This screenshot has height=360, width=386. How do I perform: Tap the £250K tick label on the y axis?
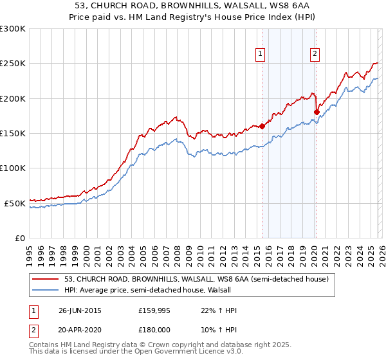point(13,64)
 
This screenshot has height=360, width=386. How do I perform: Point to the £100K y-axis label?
point(13,168)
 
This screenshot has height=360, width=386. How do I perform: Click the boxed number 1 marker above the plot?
point(261,55)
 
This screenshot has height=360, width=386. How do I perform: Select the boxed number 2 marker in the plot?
point(315,55)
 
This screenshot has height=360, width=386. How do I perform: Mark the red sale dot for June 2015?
point(262,127)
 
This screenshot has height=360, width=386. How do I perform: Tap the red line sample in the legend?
point(46,279)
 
